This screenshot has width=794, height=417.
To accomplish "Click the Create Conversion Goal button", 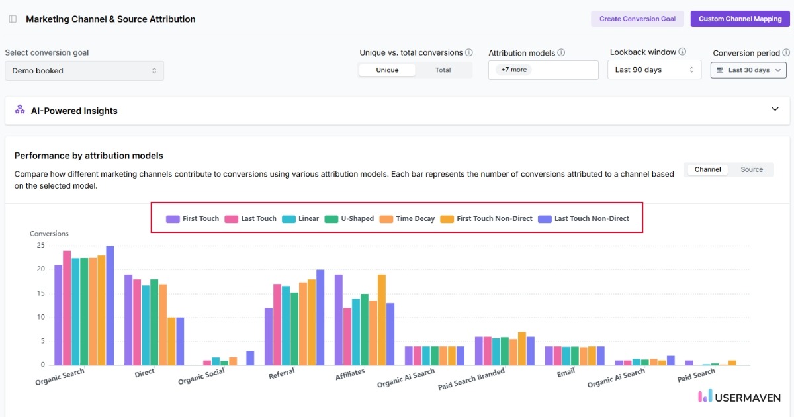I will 637,19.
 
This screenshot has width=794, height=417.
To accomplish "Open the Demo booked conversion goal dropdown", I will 84,71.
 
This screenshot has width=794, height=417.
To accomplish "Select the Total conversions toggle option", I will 443,70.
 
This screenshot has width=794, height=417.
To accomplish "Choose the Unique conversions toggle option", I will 387,70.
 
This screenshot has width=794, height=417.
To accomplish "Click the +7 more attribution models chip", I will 514,69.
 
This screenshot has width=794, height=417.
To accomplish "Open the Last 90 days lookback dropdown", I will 654,69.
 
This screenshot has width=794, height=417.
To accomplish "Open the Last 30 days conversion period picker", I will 748,70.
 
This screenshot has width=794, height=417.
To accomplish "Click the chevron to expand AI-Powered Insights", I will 775,109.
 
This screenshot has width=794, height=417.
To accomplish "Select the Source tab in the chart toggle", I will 751,169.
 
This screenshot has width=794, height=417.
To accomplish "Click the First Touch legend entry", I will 193,218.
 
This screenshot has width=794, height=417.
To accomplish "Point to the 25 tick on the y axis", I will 41,246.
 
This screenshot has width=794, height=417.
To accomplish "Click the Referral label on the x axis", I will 282,375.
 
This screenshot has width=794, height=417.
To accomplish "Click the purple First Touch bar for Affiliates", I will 339,320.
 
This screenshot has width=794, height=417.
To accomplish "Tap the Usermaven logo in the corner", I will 738,397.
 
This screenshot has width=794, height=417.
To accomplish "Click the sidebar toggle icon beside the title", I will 13,19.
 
